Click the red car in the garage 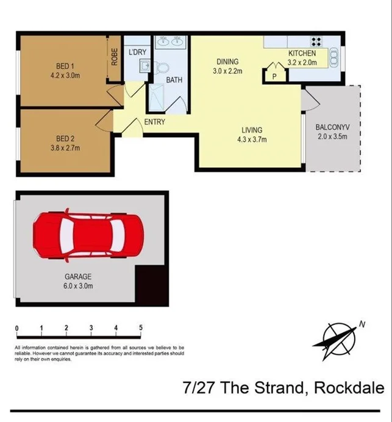coord(88,235)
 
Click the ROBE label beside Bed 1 coord(114,57)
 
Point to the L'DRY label coord(137,52)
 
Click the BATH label coord(174,80)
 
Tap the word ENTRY coord(154,122)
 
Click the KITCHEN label coord(302,54)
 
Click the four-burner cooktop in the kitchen coord(316,41)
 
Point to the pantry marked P coord(274,76)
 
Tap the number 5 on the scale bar coord(141,328)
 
